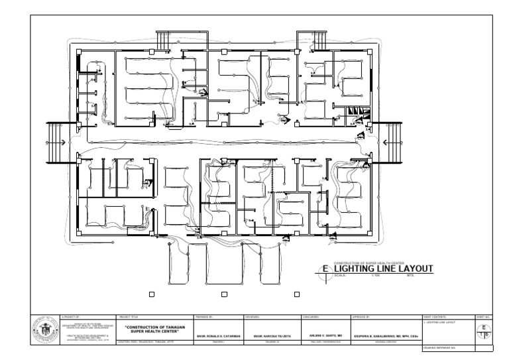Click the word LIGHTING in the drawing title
coord(361,269)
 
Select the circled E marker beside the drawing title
coord(325,269)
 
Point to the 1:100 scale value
coord(375,275)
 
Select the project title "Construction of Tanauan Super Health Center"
coord(154,330)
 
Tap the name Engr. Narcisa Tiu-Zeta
coord(273,337)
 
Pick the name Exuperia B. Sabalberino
coord(386,337)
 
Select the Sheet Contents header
coord(435,318)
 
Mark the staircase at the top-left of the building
coord(162,40)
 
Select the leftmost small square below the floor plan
coord(152,294)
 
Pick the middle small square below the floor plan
coord(223,294)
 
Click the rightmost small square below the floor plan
coord(295,294)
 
